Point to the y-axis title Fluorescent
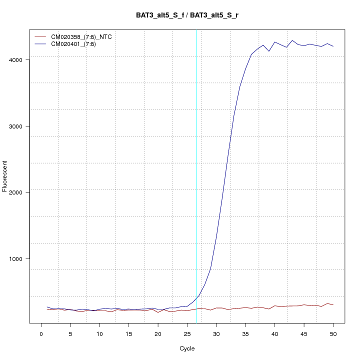[x=5, y=176]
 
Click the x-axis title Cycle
[x=187, y=348]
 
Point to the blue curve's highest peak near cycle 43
[x=292, y=40]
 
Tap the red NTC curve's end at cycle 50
[x=333, y=305]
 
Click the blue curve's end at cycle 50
[x=333, y=46]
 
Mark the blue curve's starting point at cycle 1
[x=47, y=307]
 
